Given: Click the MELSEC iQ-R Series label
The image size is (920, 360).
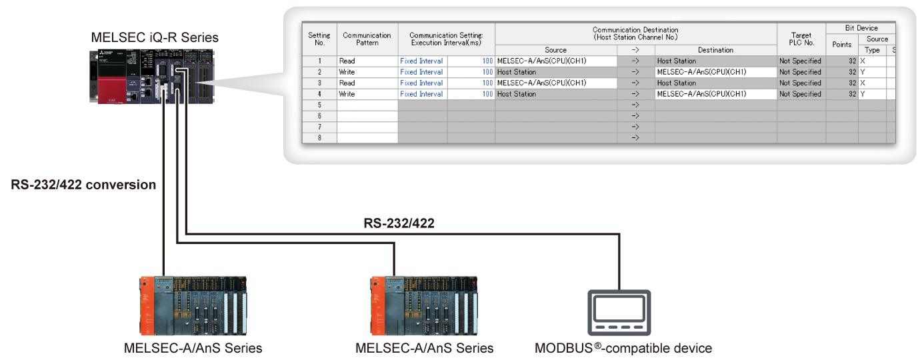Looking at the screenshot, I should tap(155, 37).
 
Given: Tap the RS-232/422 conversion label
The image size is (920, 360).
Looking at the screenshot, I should tap(83, 185).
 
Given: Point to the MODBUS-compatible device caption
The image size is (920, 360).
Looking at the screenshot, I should tap(623, 348).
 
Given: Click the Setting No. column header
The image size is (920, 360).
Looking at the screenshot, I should tap(319, 39).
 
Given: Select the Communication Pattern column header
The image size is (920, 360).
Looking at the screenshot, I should tap(367, 39).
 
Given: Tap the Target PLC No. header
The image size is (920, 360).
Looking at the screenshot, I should tap(801, 39).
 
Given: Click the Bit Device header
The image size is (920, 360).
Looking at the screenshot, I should tap(860, 28).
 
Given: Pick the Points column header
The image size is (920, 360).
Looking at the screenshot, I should tap(841, 45).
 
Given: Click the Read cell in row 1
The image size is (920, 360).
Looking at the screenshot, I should tap(347, 61).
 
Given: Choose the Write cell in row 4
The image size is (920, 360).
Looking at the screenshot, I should tap(347, 94).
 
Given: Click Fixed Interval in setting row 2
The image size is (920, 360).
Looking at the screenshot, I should tap(421, 72).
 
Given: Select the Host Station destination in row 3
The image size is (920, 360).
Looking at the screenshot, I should tap(677, 83).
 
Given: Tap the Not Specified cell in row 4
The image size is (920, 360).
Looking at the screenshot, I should tap(801, 94).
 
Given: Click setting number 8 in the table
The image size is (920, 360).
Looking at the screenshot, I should tap(319, 138).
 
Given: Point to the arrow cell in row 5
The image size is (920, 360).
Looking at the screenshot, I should tap(635, 105).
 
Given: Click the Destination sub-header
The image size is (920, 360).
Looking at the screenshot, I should tap(715, 50).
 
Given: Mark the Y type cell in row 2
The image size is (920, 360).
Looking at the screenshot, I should tap(863, 72).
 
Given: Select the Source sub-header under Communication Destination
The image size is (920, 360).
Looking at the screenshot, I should tap(555, 50).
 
